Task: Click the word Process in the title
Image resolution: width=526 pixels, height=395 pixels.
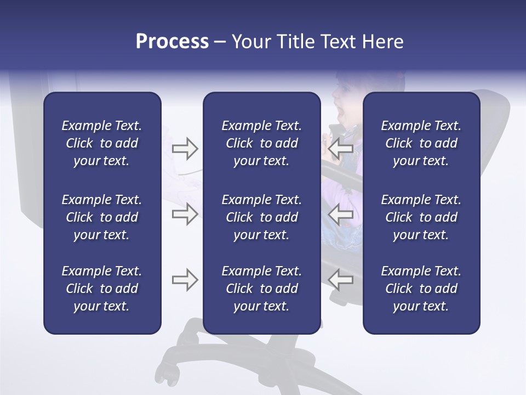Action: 172,42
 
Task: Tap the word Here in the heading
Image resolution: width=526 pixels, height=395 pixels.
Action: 382,42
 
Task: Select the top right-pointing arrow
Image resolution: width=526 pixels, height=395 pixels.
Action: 185,149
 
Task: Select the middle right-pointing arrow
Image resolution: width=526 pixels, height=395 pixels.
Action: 185,215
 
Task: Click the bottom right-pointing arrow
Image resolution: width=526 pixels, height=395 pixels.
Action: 185,280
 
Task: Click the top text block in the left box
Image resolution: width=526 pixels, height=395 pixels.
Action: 102,143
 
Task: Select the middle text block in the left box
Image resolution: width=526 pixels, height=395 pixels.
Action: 102,217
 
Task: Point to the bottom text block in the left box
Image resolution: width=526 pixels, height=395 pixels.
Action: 102,289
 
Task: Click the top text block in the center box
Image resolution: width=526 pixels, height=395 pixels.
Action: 261,143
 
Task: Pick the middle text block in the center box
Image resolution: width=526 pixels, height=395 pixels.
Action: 261,217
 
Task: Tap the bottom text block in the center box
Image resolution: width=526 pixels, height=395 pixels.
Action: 261,289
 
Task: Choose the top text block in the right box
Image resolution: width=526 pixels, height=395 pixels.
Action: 421,143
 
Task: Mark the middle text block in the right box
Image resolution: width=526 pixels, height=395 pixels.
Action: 421,217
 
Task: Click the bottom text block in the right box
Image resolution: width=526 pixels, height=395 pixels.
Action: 421,289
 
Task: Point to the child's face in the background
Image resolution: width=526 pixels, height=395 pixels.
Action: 345,101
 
